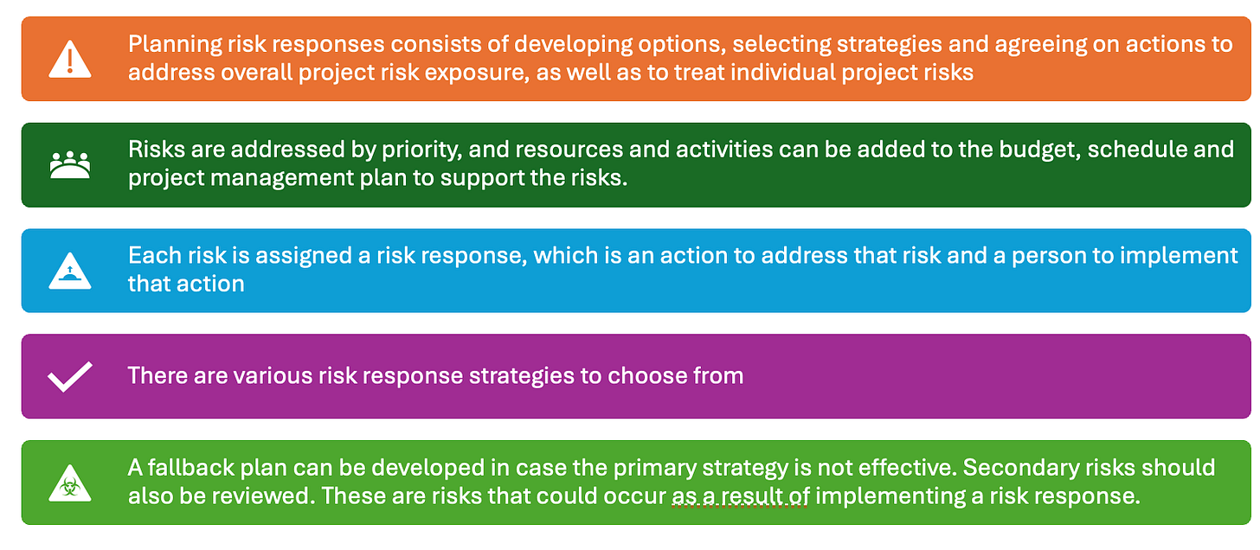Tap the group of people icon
pos(69,164)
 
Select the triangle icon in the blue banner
pos(69,270)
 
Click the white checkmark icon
pos(69,377)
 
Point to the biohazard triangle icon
pos(69,483)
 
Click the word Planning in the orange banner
pos(170,44)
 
